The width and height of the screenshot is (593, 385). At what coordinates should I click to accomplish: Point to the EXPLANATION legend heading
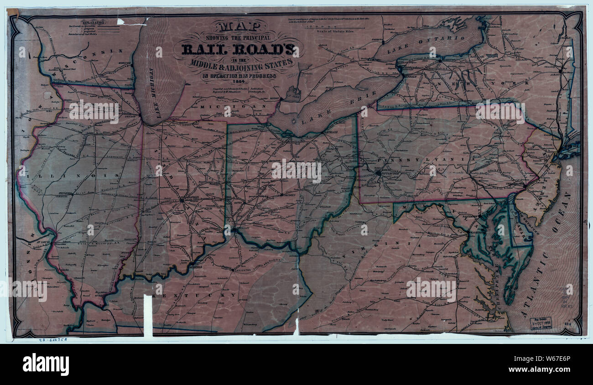(x=93, y=21)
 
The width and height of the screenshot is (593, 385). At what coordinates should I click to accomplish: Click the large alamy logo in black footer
(x=46, y=364)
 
